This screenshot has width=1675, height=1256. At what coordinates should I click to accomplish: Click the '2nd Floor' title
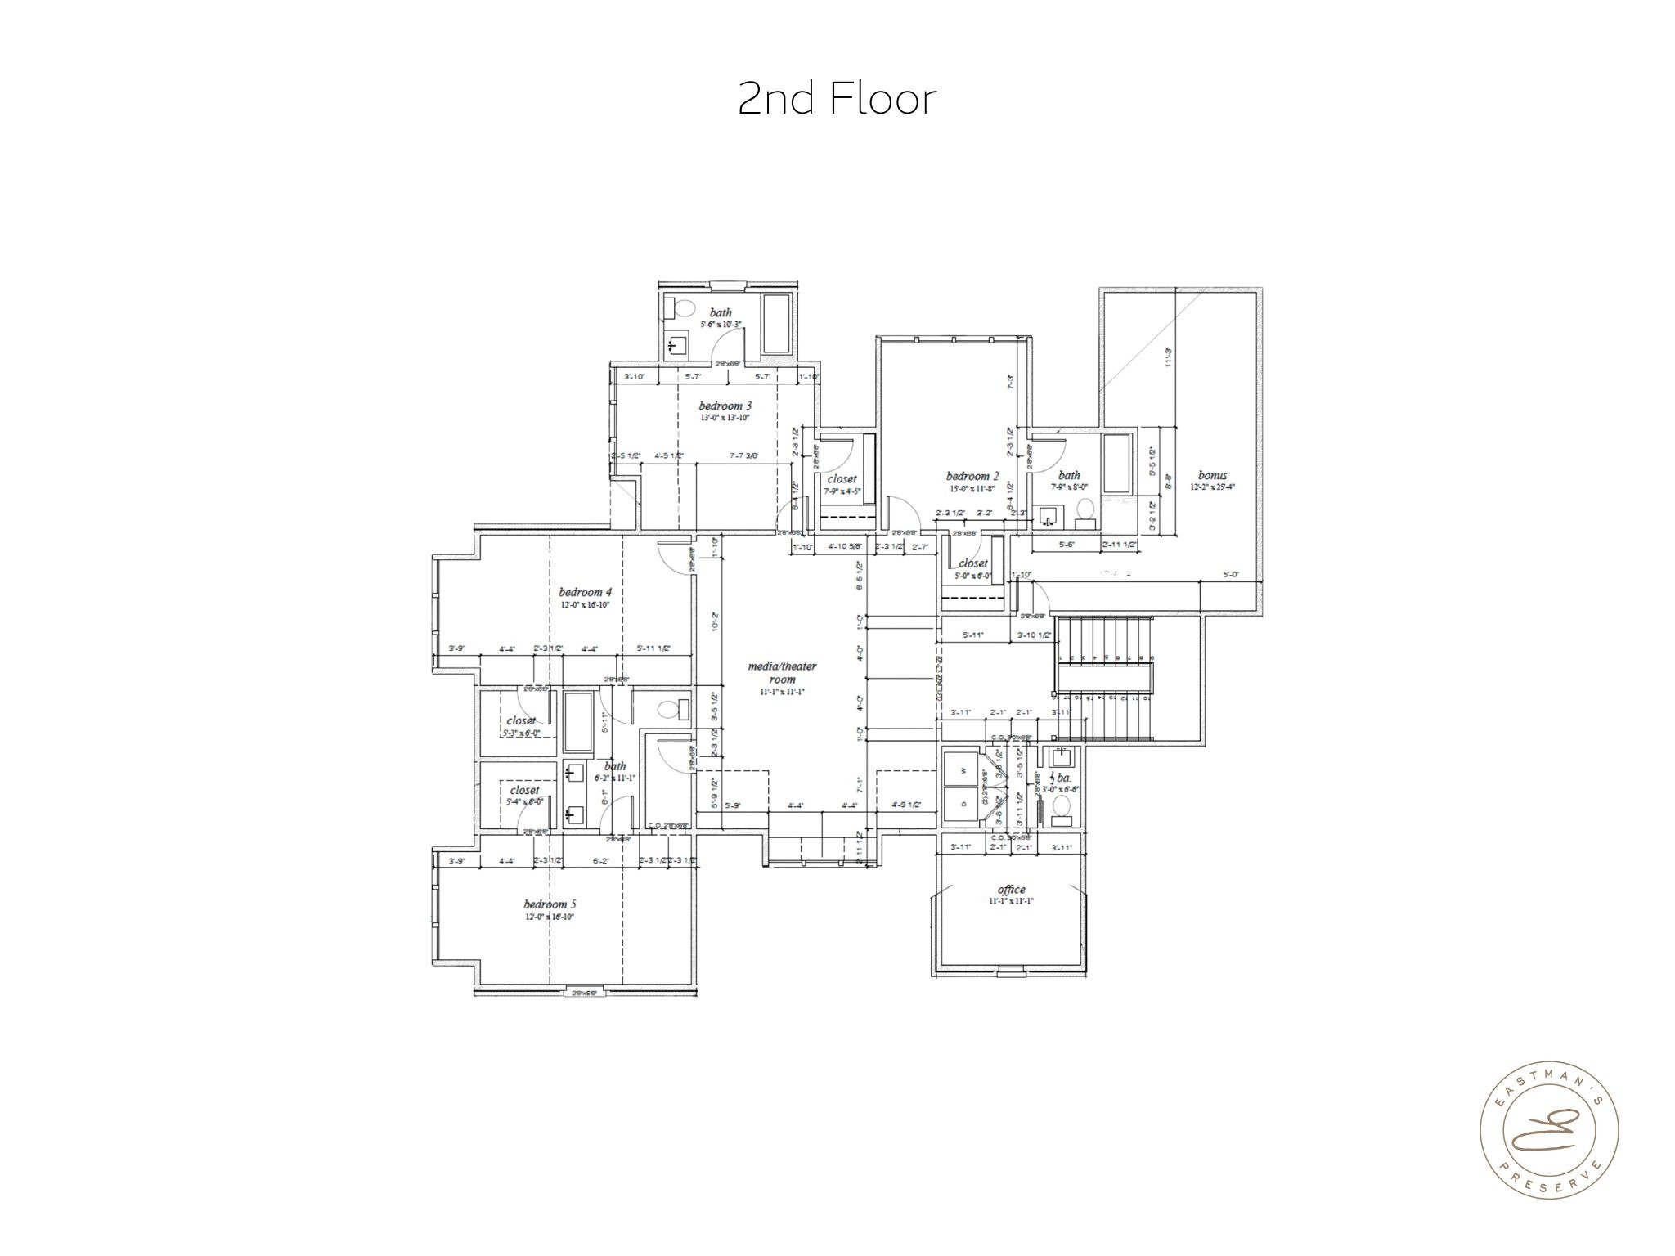pyautogui.click(x=837, y=99)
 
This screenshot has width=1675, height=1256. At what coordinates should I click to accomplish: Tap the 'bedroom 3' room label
pyautogui.click(x=725, y=406)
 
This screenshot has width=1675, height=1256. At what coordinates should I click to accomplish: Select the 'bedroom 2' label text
pyautogui.click(x=972, y=476)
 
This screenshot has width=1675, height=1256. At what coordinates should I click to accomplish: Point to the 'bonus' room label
pyautogui.click(x=1212, y=475)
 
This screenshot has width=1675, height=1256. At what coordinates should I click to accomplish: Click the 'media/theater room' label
pyautogui.click(x=783, y=672)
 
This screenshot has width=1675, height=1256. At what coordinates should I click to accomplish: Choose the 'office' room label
pyautogui.click(x=1011, y=890)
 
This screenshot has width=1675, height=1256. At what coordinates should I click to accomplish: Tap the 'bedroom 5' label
pyautogui.click(x=550, y=904)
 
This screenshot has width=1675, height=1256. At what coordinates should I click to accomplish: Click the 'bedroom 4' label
pyautogui.click(x=585, y=592)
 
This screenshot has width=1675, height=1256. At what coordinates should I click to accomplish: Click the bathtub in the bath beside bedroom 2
pyautogui.click(x=1116, y=464)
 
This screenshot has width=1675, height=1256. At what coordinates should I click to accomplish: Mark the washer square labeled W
pyautogui.click(x=963, y=769)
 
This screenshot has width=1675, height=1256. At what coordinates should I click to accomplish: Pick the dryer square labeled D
pyautogui.click(x=963, y=804)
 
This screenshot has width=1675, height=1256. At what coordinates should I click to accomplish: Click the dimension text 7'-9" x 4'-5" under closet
pyautogui.click(x=842, y=491)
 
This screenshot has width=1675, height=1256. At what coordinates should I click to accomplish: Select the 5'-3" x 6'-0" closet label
pyautogui.click(x=523, y=733)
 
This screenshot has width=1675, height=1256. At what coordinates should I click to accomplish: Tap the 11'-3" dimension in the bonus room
pyautogui.click(x=1169, y=357)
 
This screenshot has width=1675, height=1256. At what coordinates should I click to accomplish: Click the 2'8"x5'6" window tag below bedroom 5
pyautogui.click(x=585, y=993)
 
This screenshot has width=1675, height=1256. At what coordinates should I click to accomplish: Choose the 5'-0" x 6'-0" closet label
pyautogui.click(x=972, y=576)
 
